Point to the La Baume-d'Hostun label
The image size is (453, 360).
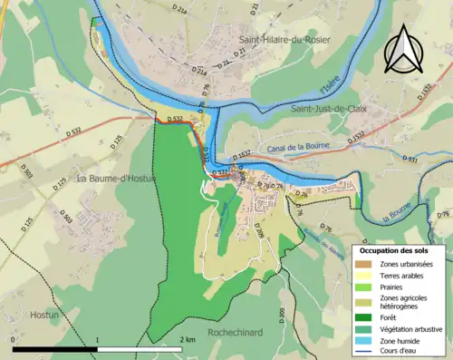[116, 179]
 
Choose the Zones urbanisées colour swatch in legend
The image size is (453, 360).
[367, 263]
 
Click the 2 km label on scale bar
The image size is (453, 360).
[187, 339]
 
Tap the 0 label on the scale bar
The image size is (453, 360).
[14, 339]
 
